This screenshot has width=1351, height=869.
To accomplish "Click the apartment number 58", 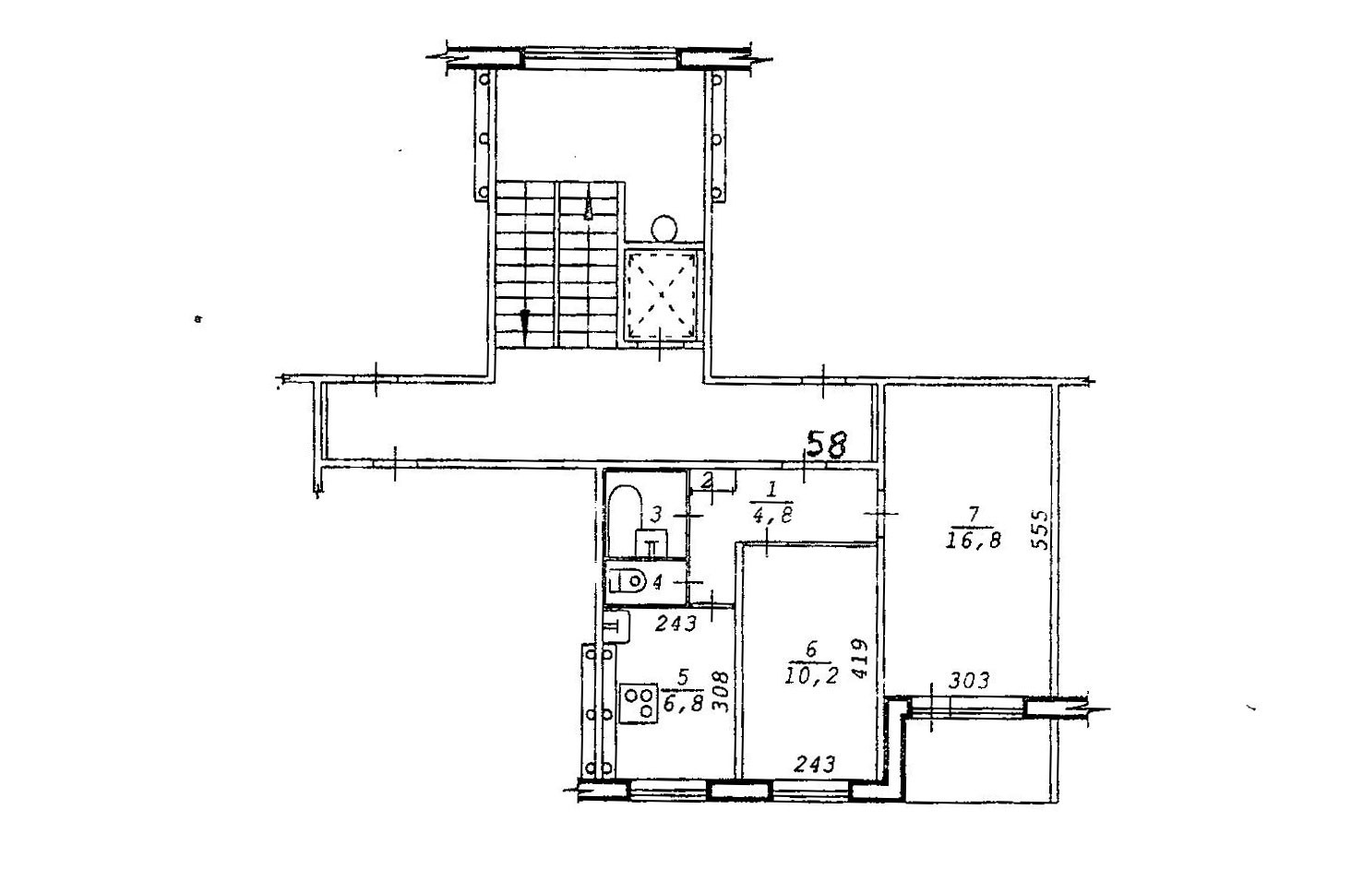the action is pyautogui.click(x=827, y=445).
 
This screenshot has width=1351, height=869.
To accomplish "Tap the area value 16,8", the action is pyautogui.click(x=974, y=541).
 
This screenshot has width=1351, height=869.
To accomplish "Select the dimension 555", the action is pyautogui.click(x=1040, y=530).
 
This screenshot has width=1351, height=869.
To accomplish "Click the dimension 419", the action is pyautogui.click(x=859, y=659).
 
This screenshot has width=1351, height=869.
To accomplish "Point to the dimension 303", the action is pyautogui.click(x=969, y=681).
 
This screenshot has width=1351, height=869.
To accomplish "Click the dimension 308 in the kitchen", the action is pyautogui.click(x=722, y=693).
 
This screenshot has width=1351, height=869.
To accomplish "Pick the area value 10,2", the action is pyautogui.click(x=812, y=676).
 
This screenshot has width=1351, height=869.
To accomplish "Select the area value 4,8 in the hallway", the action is pyautogui.click(x=772, y=515).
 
